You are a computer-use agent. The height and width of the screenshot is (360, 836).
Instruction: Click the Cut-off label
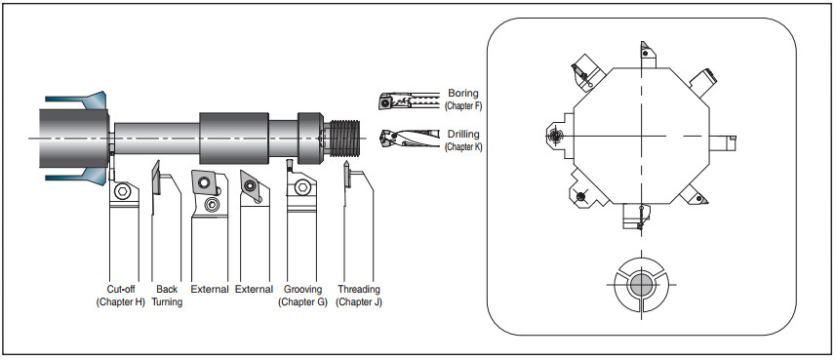tap(121, 289)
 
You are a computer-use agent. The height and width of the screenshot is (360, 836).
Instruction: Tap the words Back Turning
tap(167, 296)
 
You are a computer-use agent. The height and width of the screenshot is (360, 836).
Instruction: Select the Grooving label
tap(302, 289)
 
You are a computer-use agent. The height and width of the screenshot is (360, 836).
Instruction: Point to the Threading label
tap(359, 289)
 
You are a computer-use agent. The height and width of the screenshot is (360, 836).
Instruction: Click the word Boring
tap(463, 94)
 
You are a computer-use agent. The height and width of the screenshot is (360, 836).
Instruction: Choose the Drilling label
tap(463, 135)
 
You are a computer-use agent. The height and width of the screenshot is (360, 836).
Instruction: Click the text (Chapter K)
tap(463, 146)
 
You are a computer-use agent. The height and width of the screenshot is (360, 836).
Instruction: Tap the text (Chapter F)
tap(463, 105)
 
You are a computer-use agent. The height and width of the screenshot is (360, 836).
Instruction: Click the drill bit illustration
tap(410, 138)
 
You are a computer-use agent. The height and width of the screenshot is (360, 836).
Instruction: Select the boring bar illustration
tap(410, 100)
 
